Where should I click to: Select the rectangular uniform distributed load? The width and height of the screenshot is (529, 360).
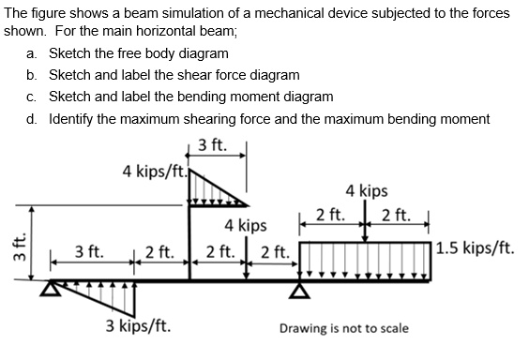(366, 259)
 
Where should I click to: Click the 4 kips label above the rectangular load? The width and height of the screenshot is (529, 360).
(366, 191)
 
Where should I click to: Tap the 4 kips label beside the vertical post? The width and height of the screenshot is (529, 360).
(246, 226)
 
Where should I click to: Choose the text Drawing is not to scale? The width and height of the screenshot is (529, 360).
(342, 328)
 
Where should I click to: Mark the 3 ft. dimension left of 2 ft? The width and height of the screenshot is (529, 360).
(90, 251)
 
